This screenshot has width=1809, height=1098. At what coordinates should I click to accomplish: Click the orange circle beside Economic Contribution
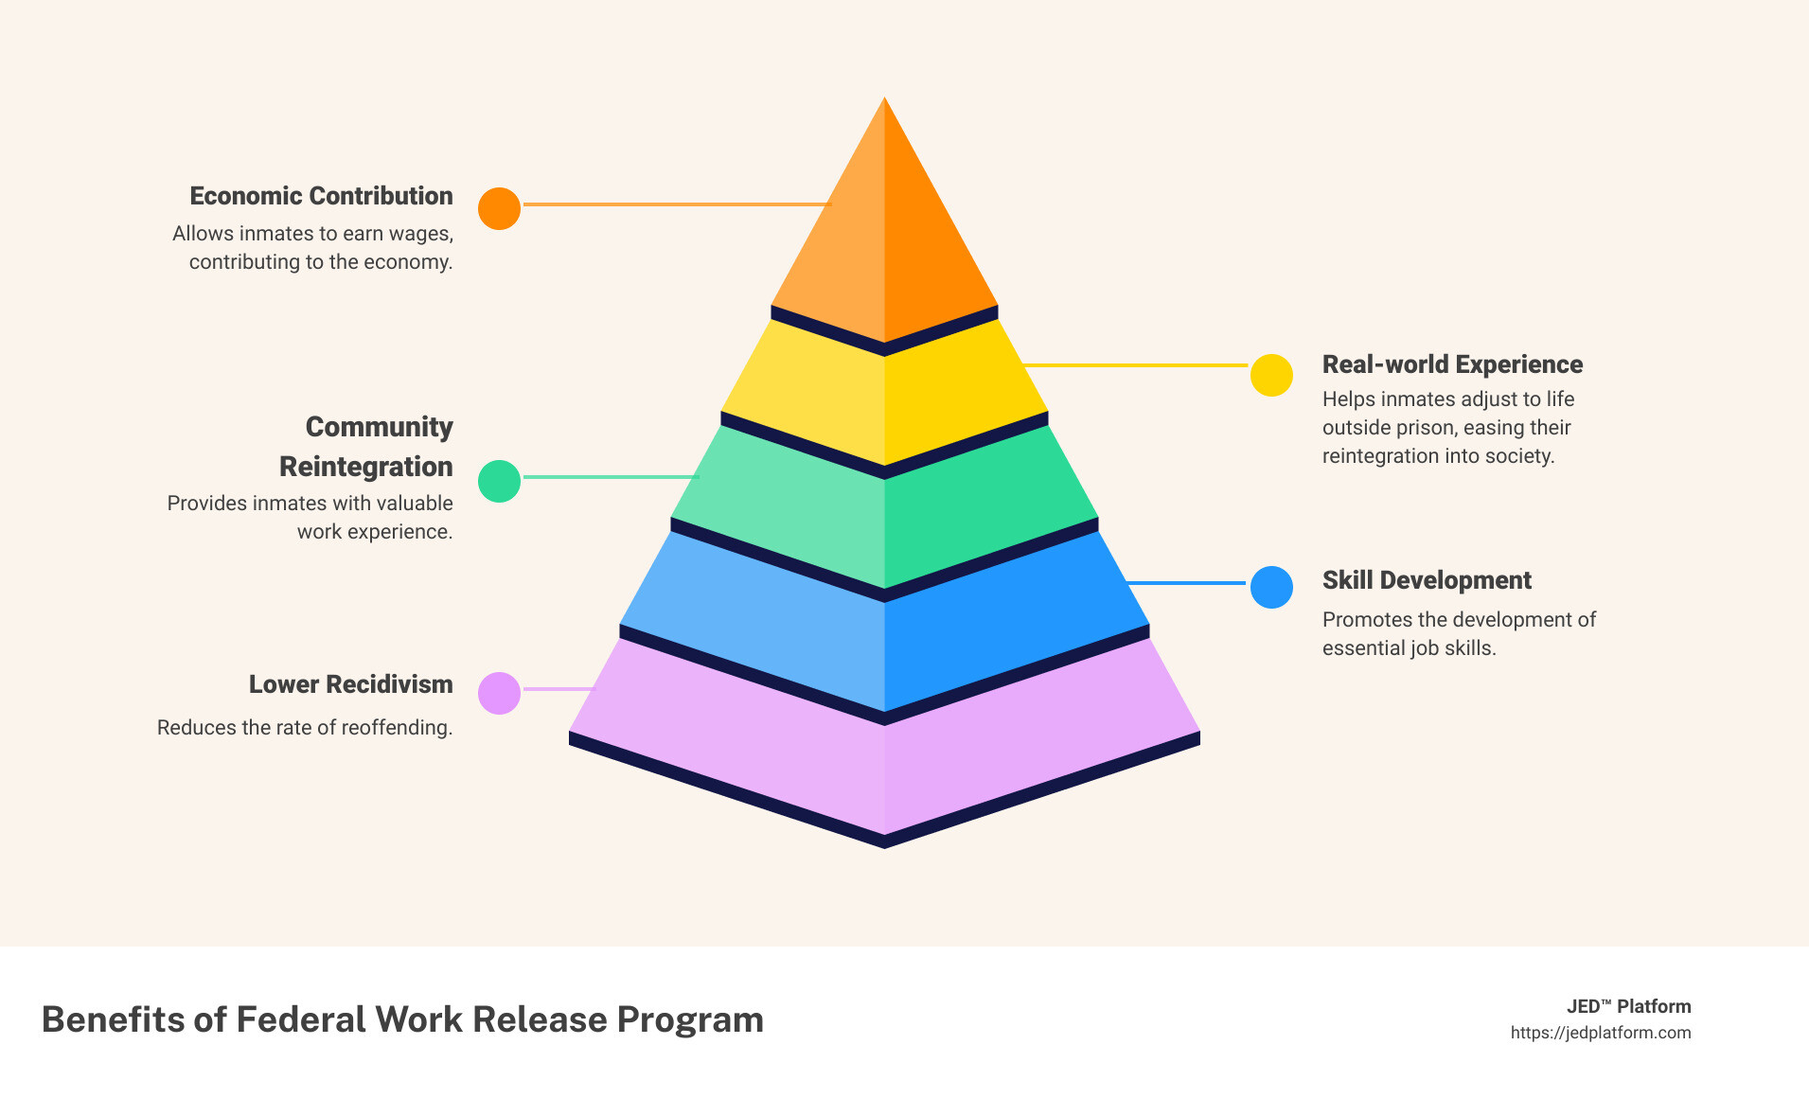tap(499, 208)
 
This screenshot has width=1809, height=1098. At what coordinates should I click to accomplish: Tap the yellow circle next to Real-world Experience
tap(1271, 376)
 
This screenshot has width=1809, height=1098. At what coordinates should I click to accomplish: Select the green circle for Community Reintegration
tap(499, 481)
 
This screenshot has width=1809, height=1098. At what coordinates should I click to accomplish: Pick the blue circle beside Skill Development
tap(1271, 587)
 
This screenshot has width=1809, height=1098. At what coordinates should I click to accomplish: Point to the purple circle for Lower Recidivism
tap(499, 693)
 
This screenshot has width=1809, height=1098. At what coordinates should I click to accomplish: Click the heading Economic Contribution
tap(321, 196)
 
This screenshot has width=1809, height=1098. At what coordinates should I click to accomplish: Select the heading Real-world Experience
tap(1452, 364)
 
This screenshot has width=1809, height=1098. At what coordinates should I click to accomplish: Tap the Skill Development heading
tap(1427, 580)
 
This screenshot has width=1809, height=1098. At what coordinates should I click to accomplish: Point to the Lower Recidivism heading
tap(350, 684)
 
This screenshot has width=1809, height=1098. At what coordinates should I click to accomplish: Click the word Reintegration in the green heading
tap(365, 467)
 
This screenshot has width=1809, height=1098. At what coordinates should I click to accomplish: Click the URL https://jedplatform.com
tap(1600, 1033)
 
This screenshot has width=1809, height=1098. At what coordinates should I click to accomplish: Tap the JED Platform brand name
tap(1628, 1006)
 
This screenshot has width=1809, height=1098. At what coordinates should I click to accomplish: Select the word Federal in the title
tap(301, 1019)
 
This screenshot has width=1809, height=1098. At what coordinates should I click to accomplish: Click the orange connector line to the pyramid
tap(676, 204)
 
